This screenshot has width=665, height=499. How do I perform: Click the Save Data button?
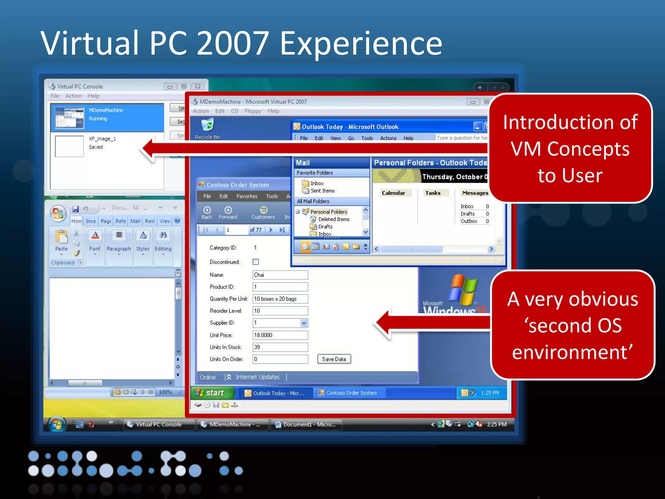(334, 359)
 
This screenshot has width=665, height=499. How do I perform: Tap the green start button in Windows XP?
(213, 393)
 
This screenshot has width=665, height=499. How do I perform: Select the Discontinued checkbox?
(256, 262)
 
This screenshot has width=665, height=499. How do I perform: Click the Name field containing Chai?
(280, 275)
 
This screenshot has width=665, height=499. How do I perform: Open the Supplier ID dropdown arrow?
(304, 323)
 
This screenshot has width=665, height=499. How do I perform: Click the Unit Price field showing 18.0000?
(280, 335)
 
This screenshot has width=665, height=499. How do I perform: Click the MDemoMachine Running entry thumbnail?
(69, 118)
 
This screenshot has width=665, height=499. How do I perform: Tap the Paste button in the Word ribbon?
(61, 240)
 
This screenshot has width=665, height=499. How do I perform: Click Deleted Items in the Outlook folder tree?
(333, 219)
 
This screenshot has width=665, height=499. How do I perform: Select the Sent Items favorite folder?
(322, 191)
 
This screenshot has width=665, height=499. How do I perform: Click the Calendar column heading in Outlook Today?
(393, 193)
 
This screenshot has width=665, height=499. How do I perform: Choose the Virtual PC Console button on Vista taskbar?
(158, 424)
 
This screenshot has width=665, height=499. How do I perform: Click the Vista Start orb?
(57, 424)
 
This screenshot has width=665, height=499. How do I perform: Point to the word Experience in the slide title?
(361, 44)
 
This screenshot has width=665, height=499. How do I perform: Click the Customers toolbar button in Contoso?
(263, 213)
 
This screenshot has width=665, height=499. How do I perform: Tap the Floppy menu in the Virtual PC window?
(253, 111)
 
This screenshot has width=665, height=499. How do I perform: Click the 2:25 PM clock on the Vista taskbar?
(496, 424)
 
